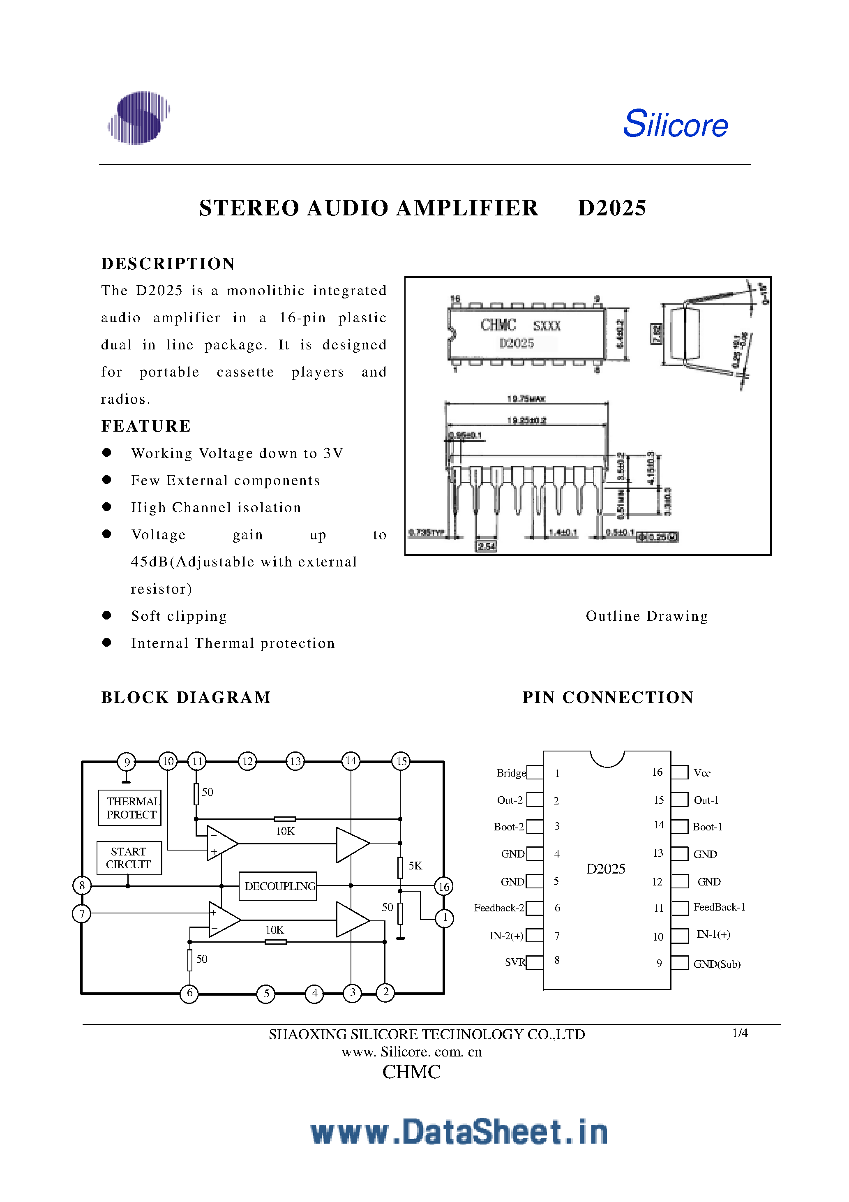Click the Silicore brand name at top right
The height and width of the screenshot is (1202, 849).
675,124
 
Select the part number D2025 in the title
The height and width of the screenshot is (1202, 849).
612,208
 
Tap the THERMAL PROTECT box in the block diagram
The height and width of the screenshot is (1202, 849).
130,808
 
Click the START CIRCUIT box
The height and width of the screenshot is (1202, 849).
129,858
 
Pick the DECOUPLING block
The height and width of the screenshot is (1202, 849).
278,886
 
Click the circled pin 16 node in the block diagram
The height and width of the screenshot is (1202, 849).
443,886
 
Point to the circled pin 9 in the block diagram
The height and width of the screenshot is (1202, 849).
127,762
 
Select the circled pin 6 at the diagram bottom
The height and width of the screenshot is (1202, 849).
189,993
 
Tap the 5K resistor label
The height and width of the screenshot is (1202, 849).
415,866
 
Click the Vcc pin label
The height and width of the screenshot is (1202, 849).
702,773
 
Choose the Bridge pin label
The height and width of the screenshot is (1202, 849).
511,773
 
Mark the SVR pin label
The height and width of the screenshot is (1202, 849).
514,962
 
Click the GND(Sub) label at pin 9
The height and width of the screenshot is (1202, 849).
717,964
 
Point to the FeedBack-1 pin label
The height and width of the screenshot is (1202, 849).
719,907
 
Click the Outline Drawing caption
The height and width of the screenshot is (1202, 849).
646,616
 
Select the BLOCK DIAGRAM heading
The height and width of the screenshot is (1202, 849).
186,697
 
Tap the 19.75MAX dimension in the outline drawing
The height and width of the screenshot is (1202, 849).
526,399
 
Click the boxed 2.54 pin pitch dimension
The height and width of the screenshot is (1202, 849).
486,546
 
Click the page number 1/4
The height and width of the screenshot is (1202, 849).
740,1033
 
